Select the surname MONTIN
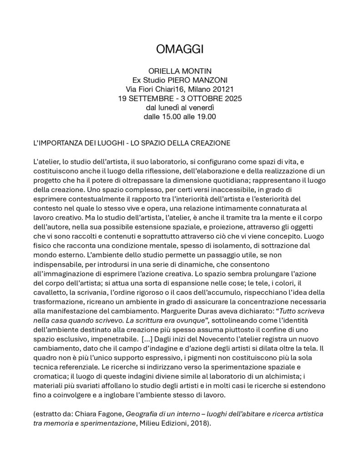click(x=196, y=71)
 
